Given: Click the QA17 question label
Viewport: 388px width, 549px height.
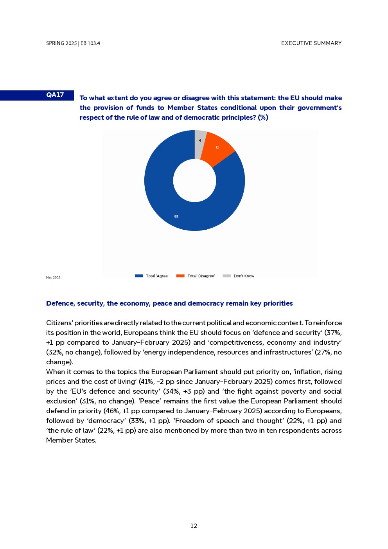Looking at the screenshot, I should tap(55, 95).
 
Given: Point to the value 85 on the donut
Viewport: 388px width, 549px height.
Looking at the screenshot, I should tap(176, 216).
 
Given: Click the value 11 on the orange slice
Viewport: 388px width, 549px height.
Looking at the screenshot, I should tap(217, 148).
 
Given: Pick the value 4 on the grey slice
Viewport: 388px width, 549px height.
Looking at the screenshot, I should tap(200, 140).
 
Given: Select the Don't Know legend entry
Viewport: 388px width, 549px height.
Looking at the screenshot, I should tap(244, 276).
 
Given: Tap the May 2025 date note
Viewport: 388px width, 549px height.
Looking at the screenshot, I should tap(53, 277).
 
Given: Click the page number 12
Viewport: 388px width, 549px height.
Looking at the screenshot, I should tap(194, 526).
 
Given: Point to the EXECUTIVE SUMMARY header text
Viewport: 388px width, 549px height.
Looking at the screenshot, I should tap(311, 43).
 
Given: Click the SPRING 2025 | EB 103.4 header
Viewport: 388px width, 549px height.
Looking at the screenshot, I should tap(73, 43).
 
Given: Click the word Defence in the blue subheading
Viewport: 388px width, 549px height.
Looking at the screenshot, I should tap(60, 303).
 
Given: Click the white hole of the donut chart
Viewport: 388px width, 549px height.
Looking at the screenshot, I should tap(194, 181).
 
